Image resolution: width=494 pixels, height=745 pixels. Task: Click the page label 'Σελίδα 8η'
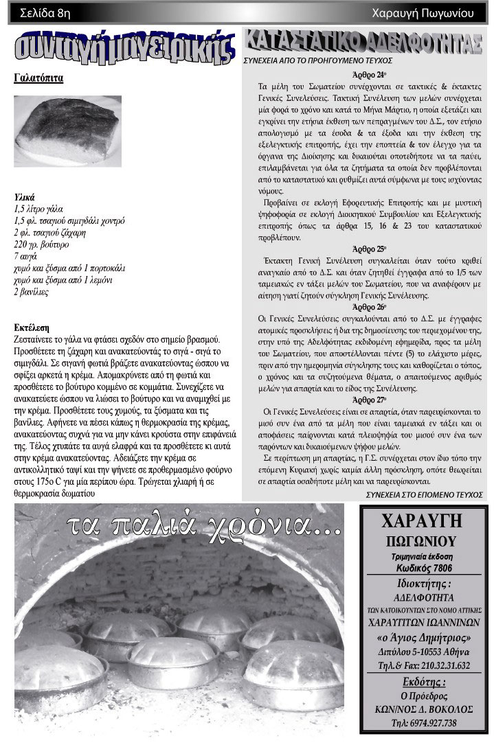pos(45,12)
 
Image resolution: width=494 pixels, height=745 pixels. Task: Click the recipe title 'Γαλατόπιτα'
pos(38,78)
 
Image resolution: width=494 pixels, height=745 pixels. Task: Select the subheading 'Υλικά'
pos(25,196)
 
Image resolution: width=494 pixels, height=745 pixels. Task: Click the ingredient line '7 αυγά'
pos(27,256)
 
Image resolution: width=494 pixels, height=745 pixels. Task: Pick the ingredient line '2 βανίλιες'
pos(32,292)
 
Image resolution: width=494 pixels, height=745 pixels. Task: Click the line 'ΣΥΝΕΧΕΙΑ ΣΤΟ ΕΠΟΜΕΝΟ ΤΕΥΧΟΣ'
pos(422,494)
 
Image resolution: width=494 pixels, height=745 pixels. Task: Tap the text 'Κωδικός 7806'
pos(423,568)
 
